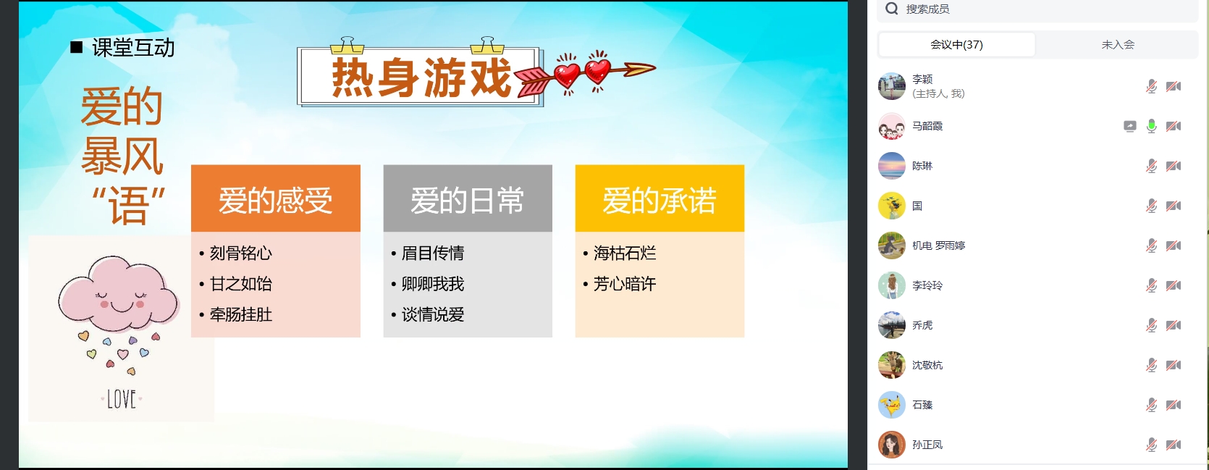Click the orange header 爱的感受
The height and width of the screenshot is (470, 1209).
pyautogui.click(x=275, y=198)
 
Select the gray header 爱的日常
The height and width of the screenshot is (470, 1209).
pyautogui.click(x=468, y=198)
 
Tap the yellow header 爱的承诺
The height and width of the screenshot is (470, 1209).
pyautogui.click(x=660, y=198)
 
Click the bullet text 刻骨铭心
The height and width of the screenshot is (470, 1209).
pyautogui.click(x=241, y=253)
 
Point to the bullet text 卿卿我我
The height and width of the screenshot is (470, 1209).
pyautogui.click(x=433, y=284)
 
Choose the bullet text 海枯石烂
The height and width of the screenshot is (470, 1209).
pyautogui.click(x=625, y=253)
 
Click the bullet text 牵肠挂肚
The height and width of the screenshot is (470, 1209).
pyautogui.click(x=241, y=314)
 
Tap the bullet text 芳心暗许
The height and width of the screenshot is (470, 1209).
pyautogui.click(x=625, y=284)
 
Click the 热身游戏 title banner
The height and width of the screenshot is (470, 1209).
pyautogui.click(x=420, y=76)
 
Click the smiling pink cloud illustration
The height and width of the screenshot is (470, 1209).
pyautogui.click(x=119, y=294)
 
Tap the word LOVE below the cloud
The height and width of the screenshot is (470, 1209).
pyautogui.click(x=122, y=399)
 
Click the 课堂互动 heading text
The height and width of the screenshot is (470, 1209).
pyautogui.click(x=133, y=48)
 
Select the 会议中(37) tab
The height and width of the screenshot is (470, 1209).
pyautogui.click(x=956, y=45)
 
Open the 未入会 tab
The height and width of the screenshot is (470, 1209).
pyautogui.click(x=1117, y=45)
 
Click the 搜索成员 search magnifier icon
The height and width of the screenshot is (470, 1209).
pyautogui.click(x=892, y=9)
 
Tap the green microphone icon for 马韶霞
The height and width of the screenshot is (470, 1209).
pyautogui.click(x=1151, y=126)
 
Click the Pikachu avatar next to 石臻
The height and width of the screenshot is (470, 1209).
pyautogui.click(x=892, y=405)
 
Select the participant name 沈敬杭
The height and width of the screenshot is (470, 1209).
pyautogui.click(x=927, y=365)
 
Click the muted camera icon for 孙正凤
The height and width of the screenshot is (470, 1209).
pyautogui.click(x=1173, y=445)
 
